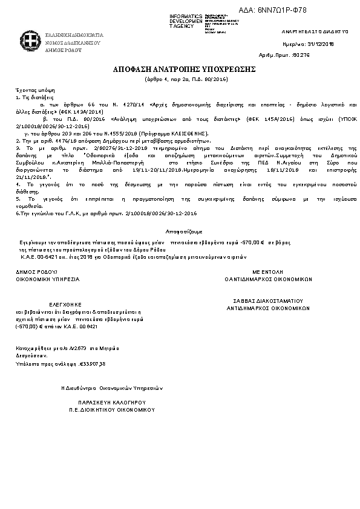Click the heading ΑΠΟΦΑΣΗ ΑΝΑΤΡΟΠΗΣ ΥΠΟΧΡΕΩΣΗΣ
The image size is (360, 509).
pyautogui.click(x=180, y=70)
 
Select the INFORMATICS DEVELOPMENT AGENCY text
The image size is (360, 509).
pyautogui.click(x=186, y=21)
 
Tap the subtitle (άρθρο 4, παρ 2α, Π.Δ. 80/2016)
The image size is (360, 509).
pyautogui.click(x=180, y=79)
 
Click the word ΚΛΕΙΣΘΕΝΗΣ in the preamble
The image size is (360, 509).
pyautogui.click(x=190, y=132)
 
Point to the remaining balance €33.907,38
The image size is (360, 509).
pyautogui.click(x=93, y=363)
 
